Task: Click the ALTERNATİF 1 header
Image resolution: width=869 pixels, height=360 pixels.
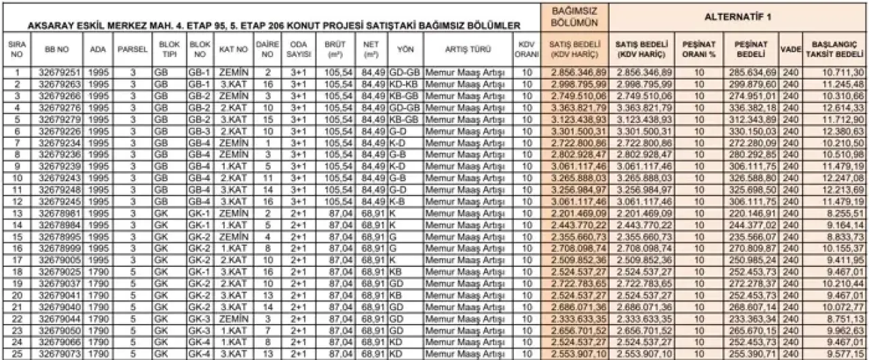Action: [738, 15]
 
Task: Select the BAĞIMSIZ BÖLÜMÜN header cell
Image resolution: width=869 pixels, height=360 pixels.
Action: [573, 16]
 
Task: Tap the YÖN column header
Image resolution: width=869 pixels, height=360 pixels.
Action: [405, 50]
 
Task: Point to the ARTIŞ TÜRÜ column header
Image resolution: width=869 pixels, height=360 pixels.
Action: [468, 50]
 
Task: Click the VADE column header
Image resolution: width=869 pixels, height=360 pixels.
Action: [790, 50]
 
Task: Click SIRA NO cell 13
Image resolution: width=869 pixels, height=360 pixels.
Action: [17, 213]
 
